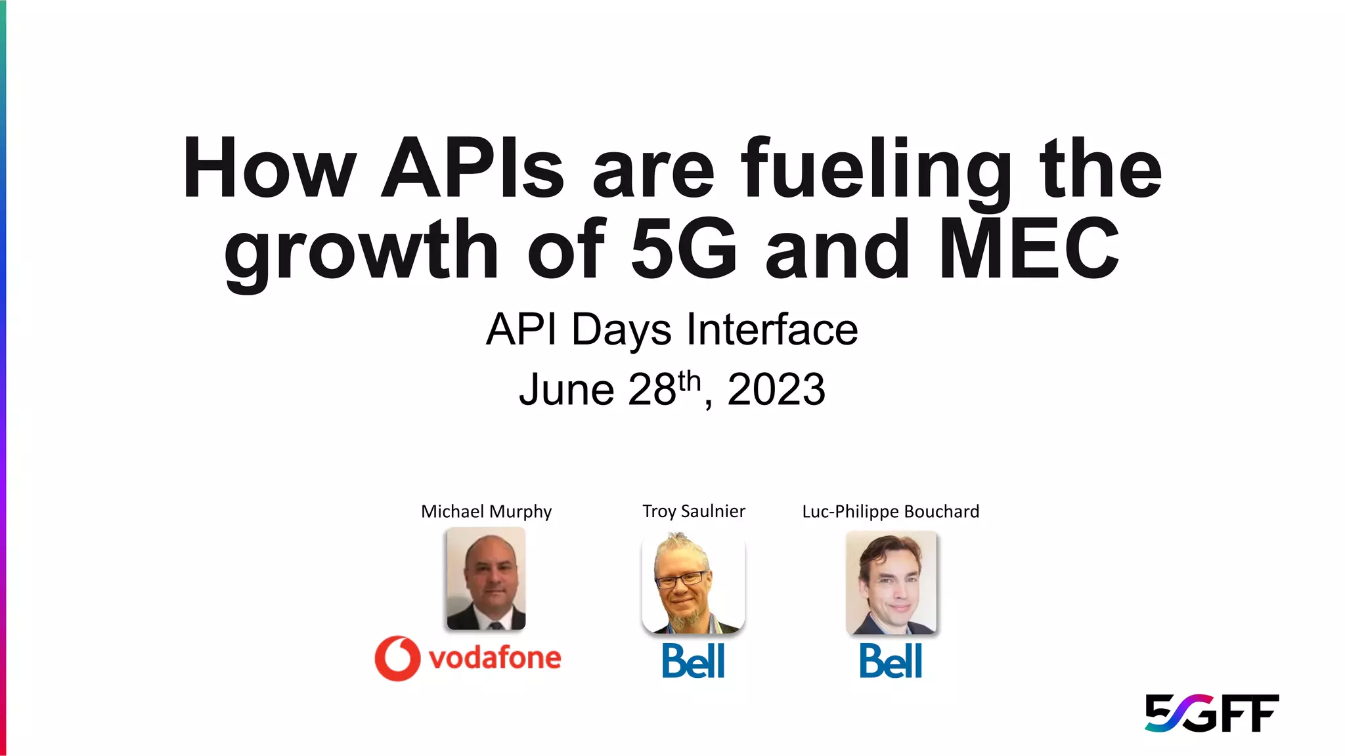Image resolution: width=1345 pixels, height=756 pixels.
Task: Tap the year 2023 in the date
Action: coord(776,390)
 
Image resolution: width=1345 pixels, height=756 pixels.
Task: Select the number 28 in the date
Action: coord(651,390)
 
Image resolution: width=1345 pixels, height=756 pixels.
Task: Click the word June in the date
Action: coord(566,390)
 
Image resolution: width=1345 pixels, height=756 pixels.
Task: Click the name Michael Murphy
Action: coord(486,511)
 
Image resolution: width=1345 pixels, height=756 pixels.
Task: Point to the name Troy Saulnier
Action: coord(694,511)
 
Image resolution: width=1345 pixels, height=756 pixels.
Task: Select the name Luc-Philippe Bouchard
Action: coord(891,511)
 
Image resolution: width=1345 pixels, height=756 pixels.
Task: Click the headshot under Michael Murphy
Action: coord(486,579)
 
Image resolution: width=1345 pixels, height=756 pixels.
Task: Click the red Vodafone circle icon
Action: coord(397,658)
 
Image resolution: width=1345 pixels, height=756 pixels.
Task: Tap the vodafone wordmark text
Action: coord(495,658)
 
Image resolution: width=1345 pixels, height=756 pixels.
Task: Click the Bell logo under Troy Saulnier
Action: coord(694,661)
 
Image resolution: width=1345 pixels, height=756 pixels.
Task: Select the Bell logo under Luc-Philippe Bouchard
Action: coord(891,661)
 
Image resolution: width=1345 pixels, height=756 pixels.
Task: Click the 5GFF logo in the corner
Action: coord(1212,713)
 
